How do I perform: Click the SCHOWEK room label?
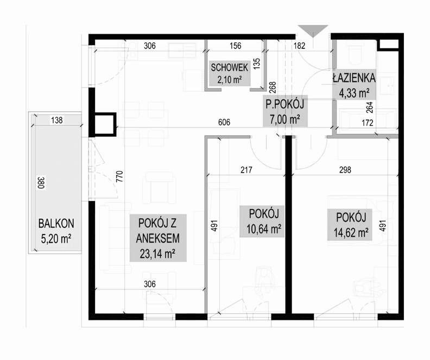[229, 67]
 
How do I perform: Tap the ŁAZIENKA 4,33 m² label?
[354, 85]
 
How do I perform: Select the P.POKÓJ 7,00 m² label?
[285, 112]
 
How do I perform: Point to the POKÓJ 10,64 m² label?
[264, 221]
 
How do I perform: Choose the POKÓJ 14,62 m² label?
[351, 225]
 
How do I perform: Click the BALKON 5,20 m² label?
[56, 231]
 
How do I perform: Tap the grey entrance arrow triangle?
[313, 31]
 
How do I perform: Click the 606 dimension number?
[224, 122]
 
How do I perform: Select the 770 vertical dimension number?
[119, 176]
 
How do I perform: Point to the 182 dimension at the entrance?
[299, 46]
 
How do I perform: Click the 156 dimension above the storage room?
[235, 46]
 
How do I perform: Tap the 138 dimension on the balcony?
[57, 120]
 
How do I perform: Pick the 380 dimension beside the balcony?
[41, 183]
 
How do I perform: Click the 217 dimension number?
[246, 170]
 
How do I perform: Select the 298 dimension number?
[345, 170]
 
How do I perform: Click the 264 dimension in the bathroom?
[369, 108]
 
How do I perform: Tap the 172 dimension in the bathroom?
[367, 123]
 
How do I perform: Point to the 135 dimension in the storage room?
[257, 64]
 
